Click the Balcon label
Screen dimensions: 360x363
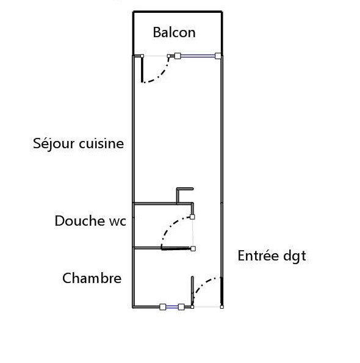(174, 32)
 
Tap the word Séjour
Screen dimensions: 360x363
(54, 144)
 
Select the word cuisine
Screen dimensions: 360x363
(101, 143)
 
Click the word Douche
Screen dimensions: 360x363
(80, 221)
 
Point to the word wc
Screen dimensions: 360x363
(118, 222)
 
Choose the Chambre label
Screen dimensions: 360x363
(92, 278)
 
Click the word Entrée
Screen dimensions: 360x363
(258, 256)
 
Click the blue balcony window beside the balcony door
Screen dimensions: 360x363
(198, 56)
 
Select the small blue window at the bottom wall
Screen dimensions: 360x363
(172, 307)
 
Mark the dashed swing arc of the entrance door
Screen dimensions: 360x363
(203, 284)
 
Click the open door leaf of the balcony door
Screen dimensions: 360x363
(142, 69)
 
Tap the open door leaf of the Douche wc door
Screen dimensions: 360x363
(176, 249)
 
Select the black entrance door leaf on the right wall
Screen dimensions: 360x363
(221, 292)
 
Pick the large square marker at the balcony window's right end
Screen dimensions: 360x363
(218, 56)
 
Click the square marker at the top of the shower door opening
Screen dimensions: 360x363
(192, 217)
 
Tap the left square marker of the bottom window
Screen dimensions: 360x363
(163, 307)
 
